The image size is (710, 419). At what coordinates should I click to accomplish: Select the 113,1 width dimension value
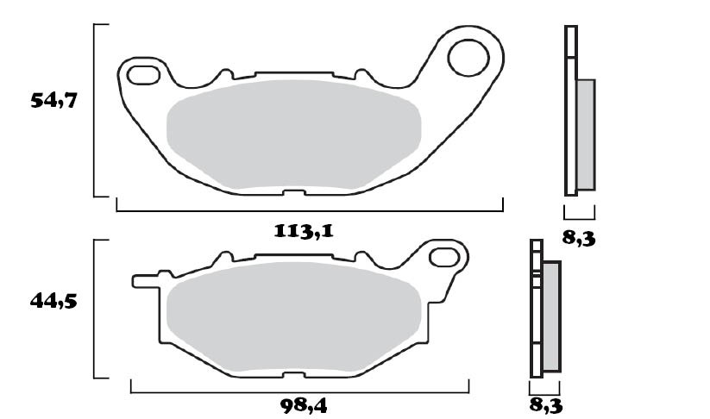pos(303,231)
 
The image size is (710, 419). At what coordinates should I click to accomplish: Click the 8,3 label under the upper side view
pos(579,237)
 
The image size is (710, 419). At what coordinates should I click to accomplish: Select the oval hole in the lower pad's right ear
pos(445,256)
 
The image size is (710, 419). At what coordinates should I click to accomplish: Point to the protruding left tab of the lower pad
pos(145,281)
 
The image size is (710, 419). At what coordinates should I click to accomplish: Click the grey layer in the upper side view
pos(585,134)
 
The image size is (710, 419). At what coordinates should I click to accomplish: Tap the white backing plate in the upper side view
pos(569,112)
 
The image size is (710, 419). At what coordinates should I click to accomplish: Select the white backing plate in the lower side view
pos(535,328)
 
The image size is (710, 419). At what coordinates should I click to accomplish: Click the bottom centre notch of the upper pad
pos(293,191)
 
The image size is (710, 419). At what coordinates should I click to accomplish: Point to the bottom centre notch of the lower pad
pos(293,373)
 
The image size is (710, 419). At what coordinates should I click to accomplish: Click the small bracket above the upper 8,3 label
pos(579,212)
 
